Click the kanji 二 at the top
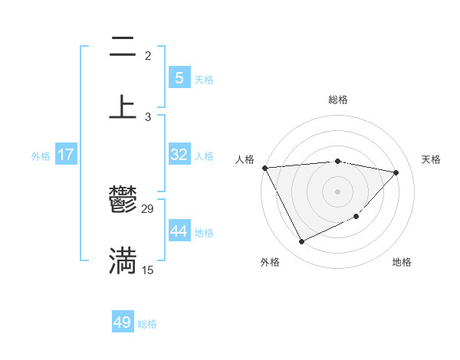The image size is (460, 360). [123, 47]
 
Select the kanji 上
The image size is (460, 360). [123, 106]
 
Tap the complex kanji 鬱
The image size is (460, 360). [123, 201]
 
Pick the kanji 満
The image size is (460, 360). [123, 260]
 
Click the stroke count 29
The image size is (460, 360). [148, 208]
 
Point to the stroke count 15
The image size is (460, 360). [148, 270]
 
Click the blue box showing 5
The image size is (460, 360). [179, 77]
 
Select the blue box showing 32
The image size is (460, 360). [179, 155]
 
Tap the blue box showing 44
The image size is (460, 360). [179, 231]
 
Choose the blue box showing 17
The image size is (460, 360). [66, 155]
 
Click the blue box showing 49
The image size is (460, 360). [123, 322]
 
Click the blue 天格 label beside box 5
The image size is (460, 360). [204, 79]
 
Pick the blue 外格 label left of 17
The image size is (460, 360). [41, 155]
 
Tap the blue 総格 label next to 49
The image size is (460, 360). [147, 324]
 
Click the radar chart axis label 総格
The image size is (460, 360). [338, 100]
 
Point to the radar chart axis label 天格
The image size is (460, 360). [432, 159]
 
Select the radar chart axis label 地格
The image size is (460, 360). [402, 262]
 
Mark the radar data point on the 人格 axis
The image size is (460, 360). [264, 168]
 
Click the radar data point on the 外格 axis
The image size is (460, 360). [301, 242]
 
